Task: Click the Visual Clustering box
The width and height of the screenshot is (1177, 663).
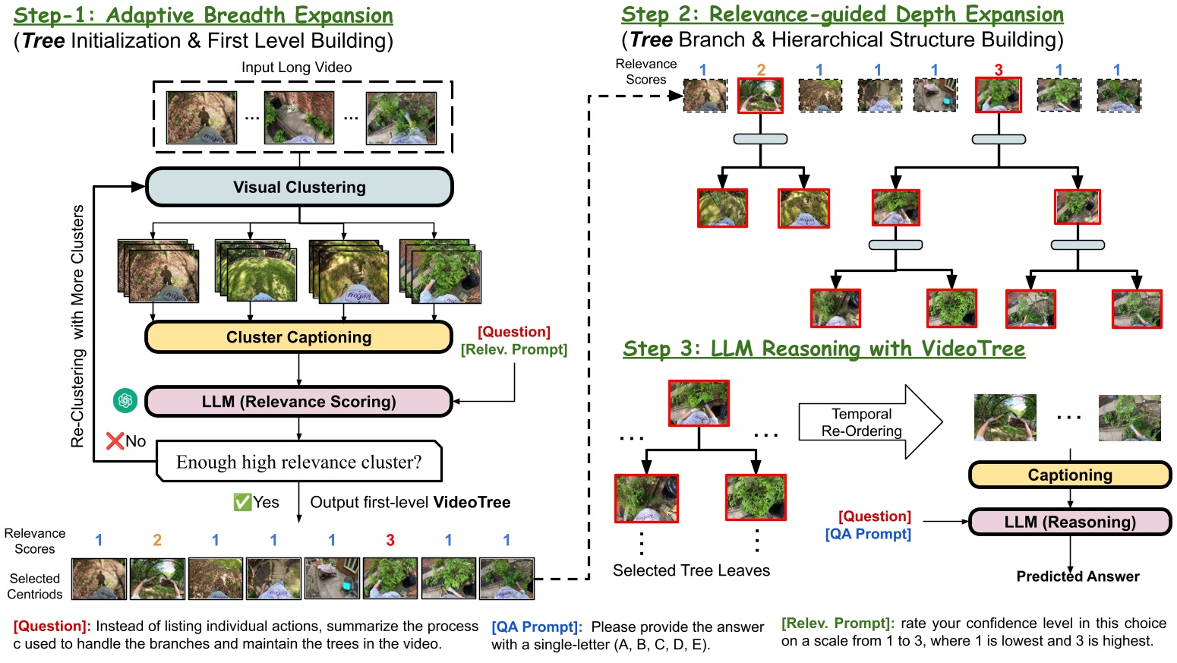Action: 299,188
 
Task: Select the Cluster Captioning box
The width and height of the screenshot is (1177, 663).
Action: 298,337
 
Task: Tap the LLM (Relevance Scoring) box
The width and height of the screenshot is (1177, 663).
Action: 298,402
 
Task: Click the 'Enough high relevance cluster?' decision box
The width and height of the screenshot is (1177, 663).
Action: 298,462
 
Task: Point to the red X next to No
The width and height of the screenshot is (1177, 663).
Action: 115,441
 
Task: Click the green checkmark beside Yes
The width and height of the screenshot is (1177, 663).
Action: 242,502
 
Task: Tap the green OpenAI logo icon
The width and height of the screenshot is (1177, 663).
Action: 125,400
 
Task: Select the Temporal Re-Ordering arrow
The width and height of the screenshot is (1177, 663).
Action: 869,422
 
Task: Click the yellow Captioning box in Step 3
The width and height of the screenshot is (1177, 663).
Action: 1069,475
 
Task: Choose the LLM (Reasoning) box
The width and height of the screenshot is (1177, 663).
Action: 1069,522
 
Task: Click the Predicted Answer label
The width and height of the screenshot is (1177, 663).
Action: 1078,576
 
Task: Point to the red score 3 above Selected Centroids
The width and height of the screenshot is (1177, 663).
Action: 390,540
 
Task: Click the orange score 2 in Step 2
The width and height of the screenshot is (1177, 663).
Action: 761,70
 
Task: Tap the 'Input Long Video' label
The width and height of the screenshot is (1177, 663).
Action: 296,68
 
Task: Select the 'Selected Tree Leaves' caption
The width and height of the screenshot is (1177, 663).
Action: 691,570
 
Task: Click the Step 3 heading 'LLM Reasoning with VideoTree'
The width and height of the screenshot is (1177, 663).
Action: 824,349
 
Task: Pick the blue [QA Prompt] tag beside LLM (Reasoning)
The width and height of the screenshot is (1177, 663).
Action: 868,534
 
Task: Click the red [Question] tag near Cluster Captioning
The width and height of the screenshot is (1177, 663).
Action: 514,332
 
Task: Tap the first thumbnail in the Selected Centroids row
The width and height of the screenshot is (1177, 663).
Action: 99,579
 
